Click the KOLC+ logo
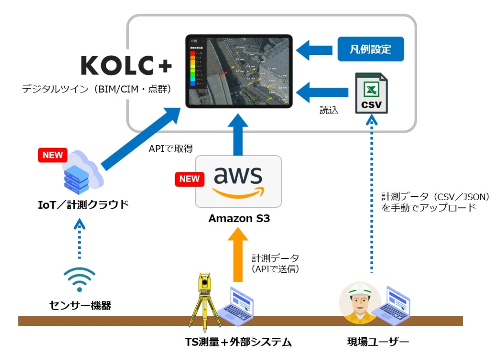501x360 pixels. pos(126,66)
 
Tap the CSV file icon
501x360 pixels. pos(371,93)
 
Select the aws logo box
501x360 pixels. pos(238,181)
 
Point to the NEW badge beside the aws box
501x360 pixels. pos(190,179)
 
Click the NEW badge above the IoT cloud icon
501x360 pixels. pos(53,155)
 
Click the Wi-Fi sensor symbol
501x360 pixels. pos(79,279)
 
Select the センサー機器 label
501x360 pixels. pos(80,306)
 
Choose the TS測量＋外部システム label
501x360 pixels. pos(238,342)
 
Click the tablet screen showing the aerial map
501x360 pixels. pos(239,71)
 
